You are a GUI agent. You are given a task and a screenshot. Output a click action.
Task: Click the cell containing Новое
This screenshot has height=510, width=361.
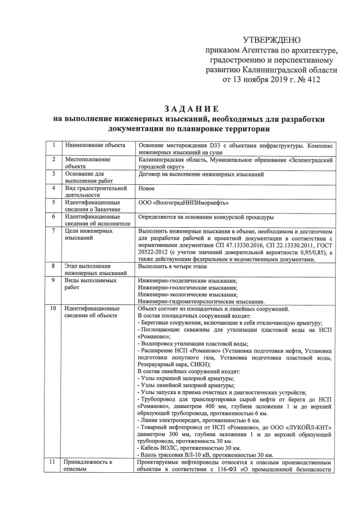(147, 188)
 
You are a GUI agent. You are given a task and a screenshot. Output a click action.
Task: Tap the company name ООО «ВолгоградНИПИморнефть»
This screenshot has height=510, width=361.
(183, 202)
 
